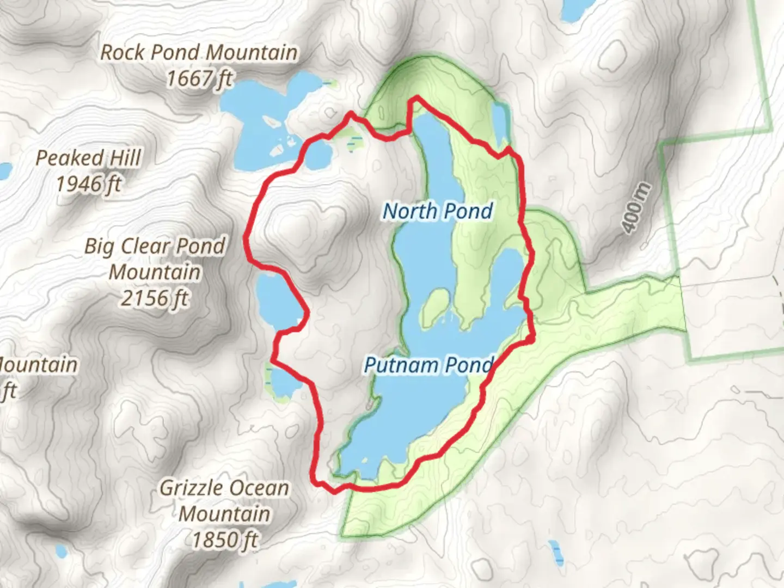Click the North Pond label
coord(438,211)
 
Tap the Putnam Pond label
coord(428,365)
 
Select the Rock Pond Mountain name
coord(199,53)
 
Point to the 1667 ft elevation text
coord(199,79)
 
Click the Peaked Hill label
coord(88,158)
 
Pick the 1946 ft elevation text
coord(88,185)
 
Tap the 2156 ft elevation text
coord(155,298)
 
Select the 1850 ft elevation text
coord(224,540)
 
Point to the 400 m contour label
coord(636,209)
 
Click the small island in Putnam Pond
coord(434,306)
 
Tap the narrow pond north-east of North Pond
coord(500,122)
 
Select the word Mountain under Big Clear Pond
coord(155,272)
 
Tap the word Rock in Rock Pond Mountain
coord(122,53)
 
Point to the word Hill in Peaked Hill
coord(125,158)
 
